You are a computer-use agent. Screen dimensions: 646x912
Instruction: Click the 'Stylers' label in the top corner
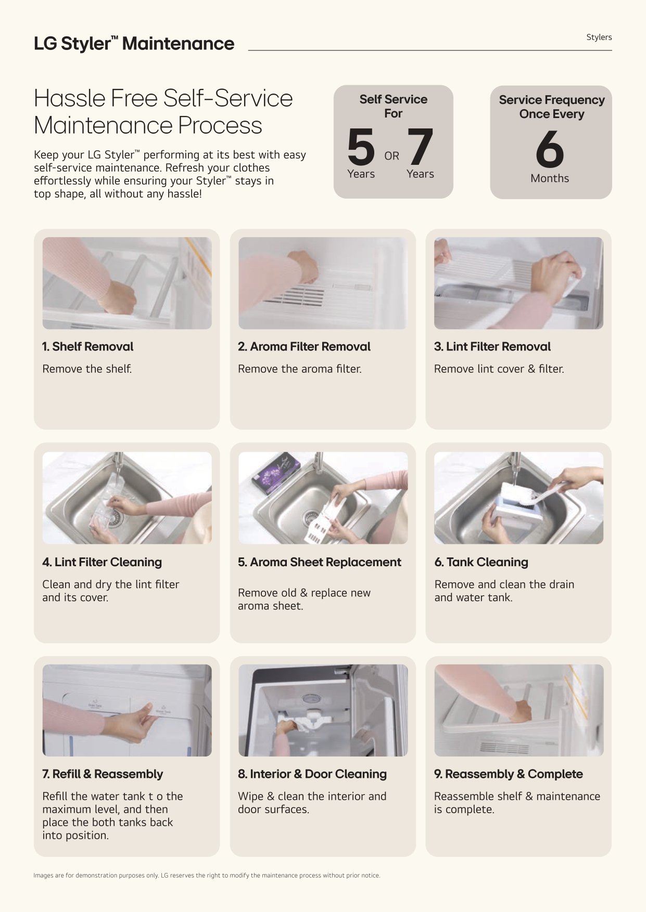(x=599, y=37)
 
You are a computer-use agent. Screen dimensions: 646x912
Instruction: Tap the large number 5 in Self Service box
(x=361, y=147)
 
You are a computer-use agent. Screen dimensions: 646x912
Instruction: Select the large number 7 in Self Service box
(x=420, y=147)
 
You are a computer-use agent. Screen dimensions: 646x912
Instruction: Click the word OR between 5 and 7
(x=391, y=156)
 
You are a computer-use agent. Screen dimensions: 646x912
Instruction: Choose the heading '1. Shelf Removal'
(x=87, y=346)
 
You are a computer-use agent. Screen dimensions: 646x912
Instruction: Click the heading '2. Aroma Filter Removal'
(x=304, y=346)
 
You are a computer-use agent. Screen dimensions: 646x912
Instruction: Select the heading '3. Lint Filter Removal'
(x=492, y=346)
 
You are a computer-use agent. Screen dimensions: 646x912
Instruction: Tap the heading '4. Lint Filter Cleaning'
(x=102, y=562)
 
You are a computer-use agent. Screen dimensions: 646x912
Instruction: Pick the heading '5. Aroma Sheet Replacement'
(x=320, y=562)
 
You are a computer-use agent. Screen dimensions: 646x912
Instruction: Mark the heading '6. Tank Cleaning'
(x=482, y=562)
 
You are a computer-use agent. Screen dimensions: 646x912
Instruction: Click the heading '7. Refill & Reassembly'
(x=103, y=774)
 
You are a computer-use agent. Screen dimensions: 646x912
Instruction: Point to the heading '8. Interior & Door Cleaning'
(x=312, y=774)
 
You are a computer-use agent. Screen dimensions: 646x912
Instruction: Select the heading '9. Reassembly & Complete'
(x=509, y=774)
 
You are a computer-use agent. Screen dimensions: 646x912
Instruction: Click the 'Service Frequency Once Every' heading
(x=552, y=107)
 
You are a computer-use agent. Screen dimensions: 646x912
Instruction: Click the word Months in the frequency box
(x=550, y=178)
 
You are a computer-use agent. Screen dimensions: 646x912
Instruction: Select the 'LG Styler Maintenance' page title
(x=134, y=44)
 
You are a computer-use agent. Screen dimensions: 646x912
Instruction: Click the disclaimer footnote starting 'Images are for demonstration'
(x=207, y=876)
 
